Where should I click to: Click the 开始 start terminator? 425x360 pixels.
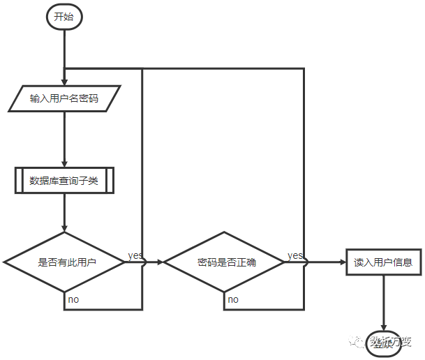pyautogui.click(x=64, y=17)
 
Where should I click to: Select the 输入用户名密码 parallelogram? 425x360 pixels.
pyautogui.click(x=64, y=98)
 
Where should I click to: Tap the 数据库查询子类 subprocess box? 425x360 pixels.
pyautogui.click(x=64, y=181)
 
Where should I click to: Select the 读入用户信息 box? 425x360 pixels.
pyautogui.click(x=383, y=262)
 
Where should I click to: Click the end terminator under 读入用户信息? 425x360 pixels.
pyautogui.click(x=383, y=340)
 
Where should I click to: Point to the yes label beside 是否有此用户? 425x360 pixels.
pyautogui.click(x=135, y=255)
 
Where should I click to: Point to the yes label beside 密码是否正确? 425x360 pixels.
pyautogui.click(x=294, y=255)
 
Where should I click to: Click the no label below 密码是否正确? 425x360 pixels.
pyautogui.click(x=232, y=299)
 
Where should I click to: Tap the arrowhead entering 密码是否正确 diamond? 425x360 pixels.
pyautogui.click(x=159, y=262)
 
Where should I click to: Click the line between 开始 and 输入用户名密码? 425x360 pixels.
pyautogui.click(x=64, y=49)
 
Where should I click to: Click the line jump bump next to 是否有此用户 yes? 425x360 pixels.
pyautogui.click(x=143, y=262)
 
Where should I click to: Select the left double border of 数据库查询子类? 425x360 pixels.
pyautogui.click(x=19, y=181)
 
